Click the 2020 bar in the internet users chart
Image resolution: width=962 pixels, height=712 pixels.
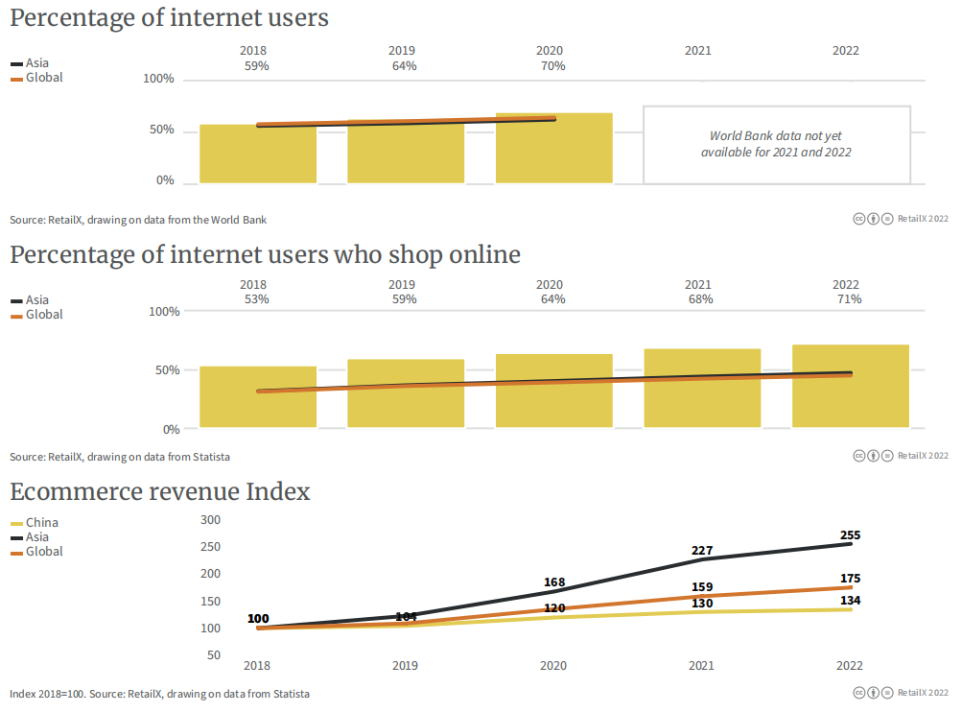click(x=553, y=149)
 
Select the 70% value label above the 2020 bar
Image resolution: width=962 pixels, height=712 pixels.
click(x=552, y=66)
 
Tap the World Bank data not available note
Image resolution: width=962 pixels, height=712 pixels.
click(x=776, y=144)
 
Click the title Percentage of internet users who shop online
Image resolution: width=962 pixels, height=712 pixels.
click(x=266, y=254)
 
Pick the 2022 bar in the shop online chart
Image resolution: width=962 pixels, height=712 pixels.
click(x=850, y=386)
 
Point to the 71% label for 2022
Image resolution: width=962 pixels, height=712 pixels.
click(x=849, y=299)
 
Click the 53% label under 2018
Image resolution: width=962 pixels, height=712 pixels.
click(x=256, y=299)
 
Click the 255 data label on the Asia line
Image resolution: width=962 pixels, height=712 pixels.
click(x=850, y=535)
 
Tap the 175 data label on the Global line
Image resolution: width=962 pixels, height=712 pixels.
click(x=850, y=579)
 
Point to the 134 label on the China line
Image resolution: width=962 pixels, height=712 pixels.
click(x=850, y=601)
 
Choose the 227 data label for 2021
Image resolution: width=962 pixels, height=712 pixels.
click(x=701, y=551)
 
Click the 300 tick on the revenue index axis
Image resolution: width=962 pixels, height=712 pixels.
click(x=210, y=520)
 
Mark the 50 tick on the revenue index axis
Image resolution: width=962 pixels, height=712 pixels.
click(x=214, y=655)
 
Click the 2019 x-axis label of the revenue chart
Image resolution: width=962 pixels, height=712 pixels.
click(x=406, y=666)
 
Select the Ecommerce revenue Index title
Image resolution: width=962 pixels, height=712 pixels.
click(x=160, y=491)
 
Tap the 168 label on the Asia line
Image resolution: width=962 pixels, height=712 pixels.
click(x=553, y=582)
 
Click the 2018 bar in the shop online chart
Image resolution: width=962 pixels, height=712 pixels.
click(x=257, y=397)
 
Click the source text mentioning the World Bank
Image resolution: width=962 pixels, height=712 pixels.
click(x=138, y=220)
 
